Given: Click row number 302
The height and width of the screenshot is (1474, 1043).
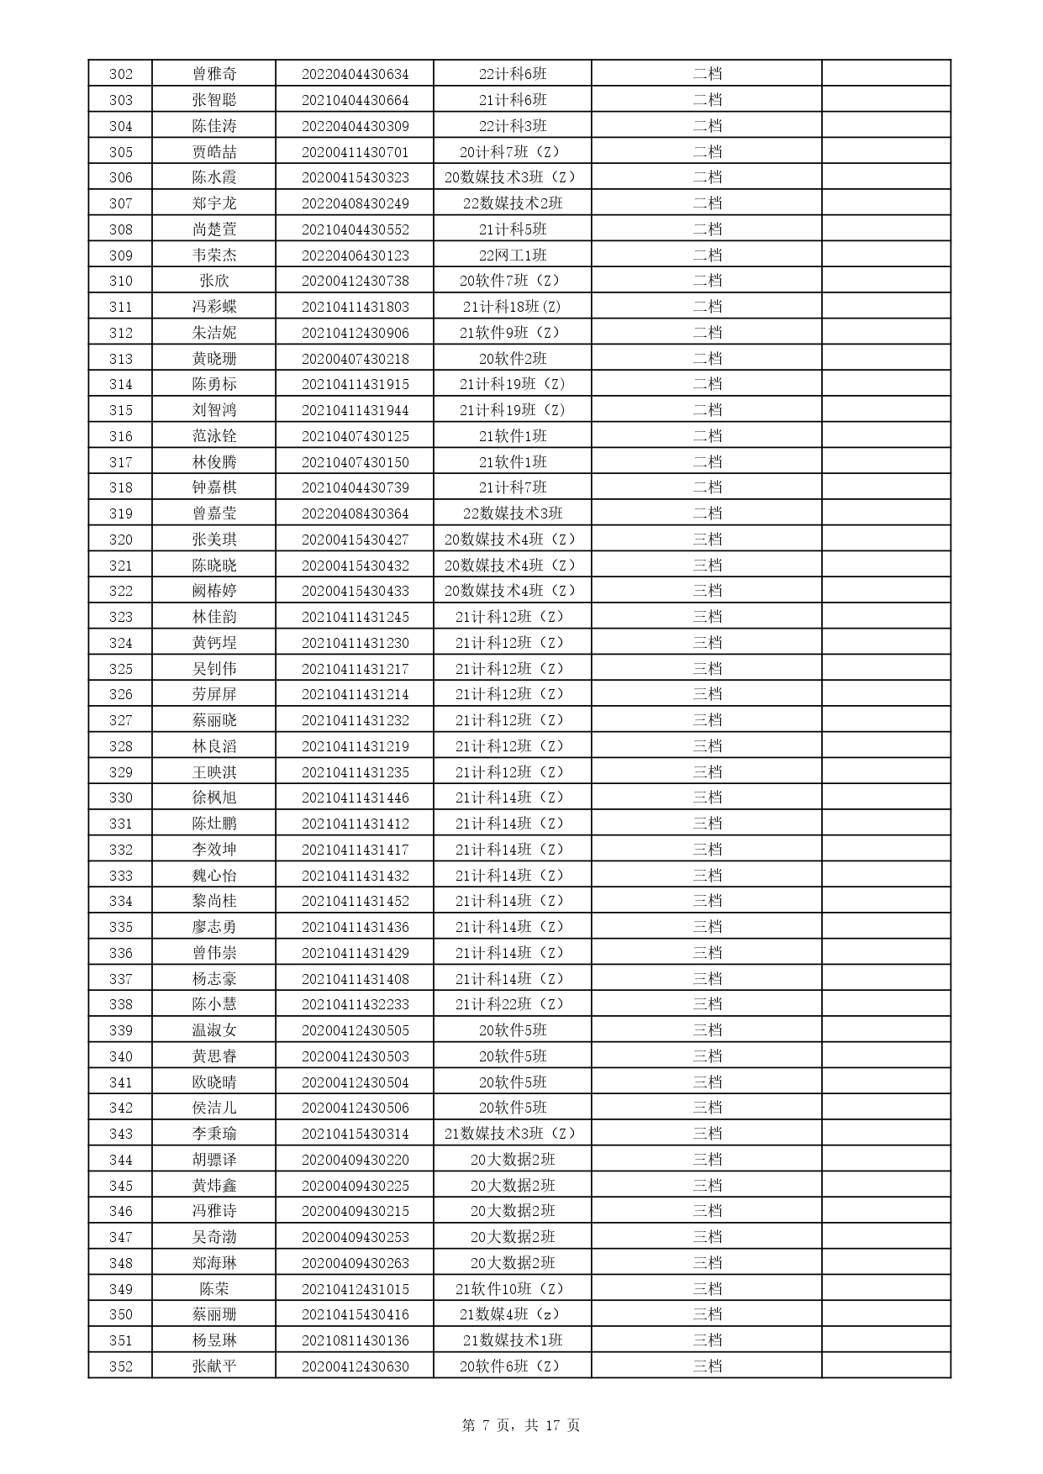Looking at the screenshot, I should (121, 74).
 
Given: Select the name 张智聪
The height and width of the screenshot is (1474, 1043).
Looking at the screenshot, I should (214, 100).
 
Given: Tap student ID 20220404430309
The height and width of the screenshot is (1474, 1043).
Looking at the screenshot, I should (355, 126).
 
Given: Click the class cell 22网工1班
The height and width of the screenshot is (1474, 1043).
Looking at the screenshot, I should (513, 255).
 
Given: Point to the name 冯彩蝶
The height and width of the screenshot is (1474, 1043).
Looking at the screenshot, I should (214, 307).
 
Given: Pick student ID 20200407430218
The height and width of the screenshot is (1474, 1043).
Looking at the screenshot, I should (355, 359).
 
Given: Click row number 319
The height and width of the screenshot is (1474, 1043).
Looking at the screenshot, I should (121, 513).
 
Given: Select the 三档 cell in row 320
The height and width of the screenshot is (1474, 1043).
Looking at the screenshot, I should (707, 540).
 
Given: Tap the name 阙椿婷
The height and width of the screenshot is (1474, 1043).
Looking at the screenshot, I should (214, 591).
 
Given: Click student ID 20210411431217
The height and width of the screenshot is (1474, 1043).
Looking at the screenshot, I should (355, 669).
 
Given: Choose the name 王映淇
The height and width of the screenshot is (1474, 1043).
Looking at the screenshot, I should (214, 772).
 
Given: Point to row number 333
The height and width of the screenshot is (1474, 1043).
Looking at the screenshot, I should (121, 876).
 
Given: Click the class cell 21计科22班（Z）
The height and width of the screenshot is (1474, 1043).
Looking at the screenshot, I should (513, 1004).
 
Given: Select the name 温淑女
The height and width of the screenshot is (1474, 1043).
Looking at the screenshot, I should (214, 1030).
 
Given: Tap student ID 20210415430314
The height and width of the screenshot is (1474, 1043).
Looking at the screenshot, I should (355, 1134).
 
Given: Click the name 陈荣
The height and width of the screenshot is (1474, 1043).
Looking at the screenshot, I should (214, 1289).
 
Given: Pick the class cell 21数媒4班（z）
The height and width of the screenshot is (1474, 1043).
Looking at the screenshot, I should (513, 1314).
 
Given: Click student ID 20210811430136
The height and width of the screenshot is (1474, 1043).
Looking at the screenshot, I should (355, 1340).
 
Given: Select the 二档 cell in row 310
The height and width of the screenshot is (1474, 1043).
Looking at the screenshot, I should (707, 281).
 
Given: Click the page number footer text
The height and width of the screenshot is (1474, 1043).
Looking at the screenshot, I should (521, 1425).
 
